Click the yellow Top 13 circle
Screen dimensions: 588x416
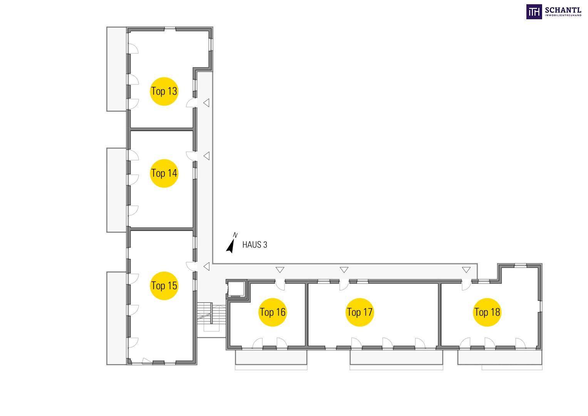click(x=164, y=91)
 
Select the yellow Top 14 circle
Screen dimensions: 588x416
click(x=164, y=173)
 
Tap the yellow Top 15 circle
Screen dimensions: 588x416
click(x=164, y=286)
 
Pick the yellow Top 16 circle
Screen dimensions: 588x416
click(x=273, y=312)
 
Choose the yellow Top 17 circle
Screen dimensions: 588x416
click(x=360, y=312)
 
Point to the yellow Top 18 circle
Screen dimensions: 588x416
click(x=487, y=312)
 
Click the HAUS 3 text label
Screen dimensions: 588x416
click(x=255, y=245)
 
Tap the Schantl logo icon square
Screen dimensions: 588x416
click(x=534, y=12)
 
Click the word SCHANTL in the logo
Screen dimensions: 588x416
click(x=563, y=10)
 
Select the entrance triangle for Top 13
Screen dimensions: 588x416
click(x=206, y=103)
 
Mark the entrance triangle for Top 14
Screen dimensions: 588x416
click(x=206, y=156)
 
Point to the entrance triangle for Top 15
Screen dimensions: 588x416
click(x=206, y=266)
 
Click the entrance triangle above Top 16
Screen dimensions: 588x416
click(x=280, y=270)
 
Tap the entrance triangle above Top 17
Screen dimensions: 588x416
click(x=344, y=270)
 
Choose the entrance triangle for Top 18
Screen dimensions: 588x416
click(x=466, y=270)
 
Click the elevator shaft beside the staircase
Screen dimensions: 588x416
click(x=236, y=289)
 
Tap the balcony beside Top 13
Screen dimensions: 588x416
click(x=116, y=69)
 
